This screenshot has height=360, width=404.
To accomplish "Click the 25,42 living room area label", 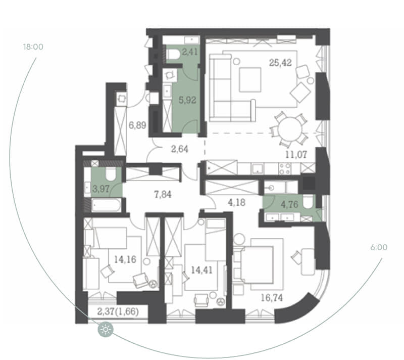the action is tap(280, 63).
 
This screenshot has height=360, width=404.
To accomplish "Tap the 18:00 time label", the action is tap(33, 47).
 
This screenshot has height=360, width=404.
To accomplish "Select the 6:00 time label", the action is tap(379, 248).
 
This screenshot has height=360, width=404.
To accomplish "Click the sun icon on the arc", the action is tap(106, 330).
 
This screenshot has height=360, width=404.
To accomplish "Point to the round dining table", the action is tap(290, 129).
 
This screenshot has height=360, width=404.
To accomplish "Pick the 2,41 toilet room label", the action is tap(190, 52).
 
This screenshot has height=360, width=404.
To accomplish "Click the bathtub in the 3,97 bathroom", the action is tap(106, 205).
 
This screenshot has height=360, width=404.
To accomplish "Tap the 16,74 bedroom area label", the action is tap(272, 298).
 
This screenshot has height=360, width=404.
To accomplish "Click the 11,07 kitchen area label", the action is tap(296, 155).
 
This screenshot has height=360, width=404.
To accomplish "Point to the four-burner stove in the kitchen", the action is tap(284, 169).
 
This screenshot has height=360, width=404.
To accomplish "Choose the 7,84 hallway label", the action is tap(163, 195).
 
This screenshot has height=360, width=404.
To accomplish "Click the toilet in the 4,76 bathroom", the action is tap(308, 202).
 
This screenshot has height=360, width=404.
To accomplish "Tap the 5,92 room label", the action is tap(187, 100).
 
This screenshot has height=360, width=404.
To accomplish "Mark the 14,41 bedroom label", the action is tap(201, 271).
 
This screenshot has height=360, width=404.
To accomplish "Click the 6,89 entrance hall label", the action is tap(137, 125).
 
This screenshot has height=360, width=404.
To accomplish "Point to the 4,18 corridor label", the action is tap(236, 202).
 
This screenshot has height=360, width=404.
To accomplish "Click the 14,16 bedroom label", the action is tap(125, 260).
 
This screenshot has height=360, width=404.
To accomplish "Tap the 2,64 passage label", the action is tap(180, 149).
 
